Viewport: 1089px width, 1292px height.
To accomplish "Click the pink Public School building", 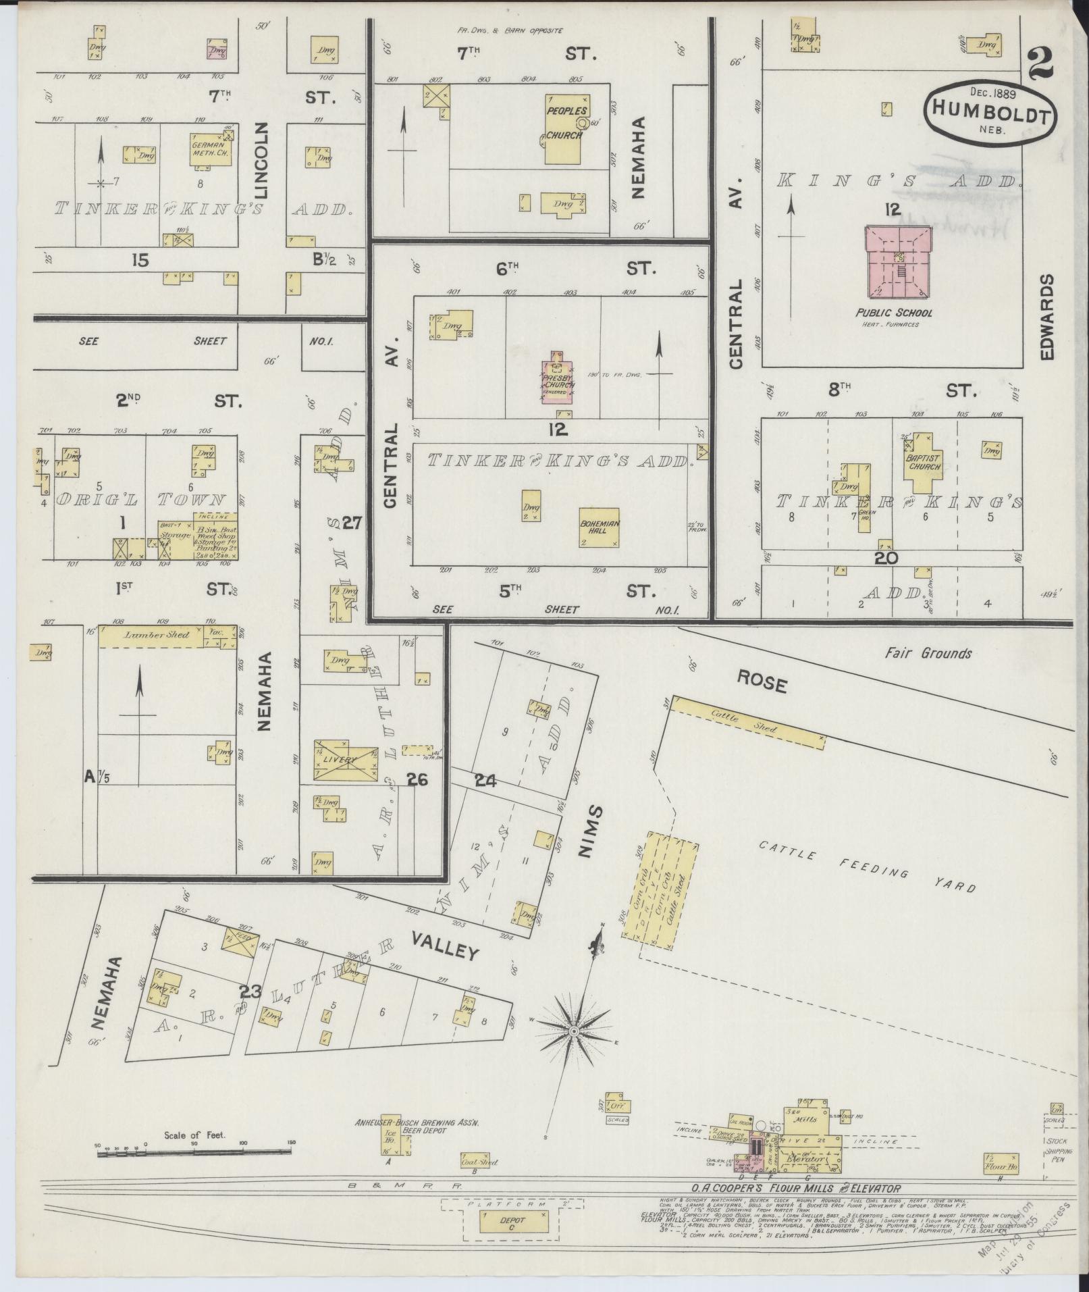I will click(899, 261).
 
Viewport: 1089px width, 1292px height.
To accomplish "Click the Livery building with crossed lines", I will click(345, 761).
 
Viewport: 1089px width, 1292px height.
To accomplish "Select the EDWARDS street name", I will click(1047, 317).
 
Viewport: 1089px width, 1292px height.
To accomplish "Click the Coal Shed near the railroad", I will click(479, 1162).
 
